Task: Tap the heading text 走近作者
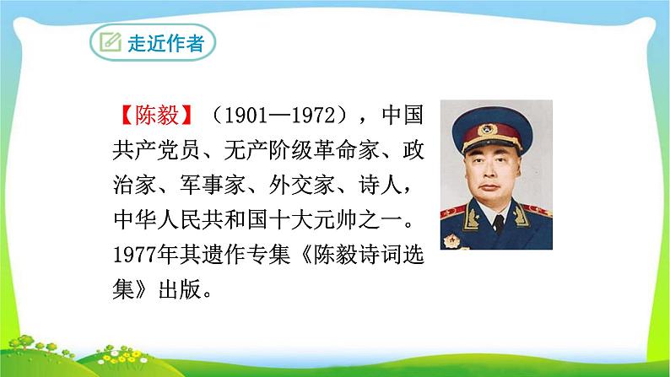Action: (x=165, y=45)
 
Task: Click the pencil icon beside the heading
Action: (x=111, y=43)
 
